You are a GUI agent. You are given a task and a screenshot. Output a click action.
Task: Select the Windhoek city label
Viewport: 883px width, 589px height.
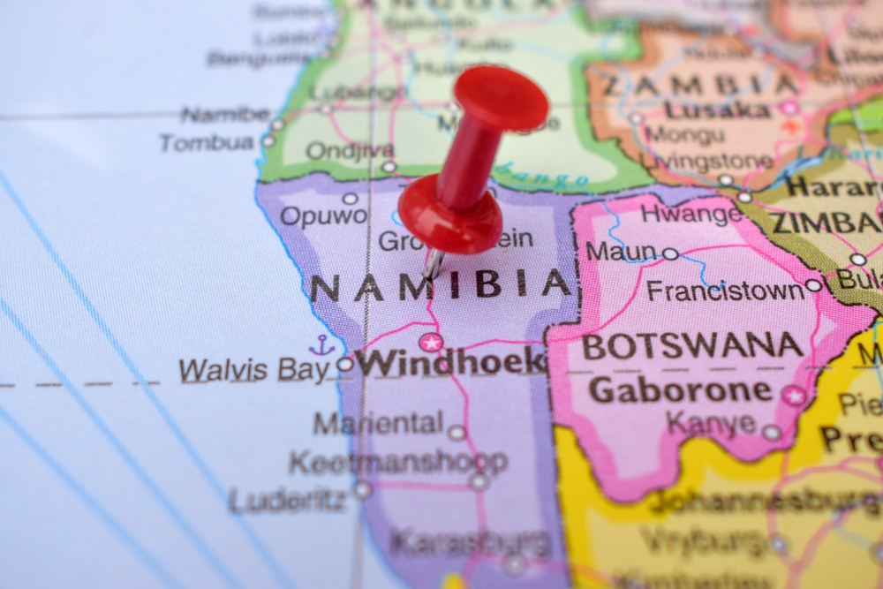[452, 361]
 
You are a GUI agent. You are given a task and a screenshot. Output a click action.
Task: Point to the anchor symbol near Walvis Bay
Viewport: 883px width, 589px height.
[321, 345]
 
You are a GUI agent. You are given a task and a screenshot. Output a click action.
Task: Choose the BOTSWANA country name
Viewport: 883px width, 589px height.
[693, 345]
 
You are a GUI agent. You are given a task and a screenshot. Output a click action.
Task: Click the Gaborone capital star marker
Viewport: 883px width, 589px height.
[793, 395]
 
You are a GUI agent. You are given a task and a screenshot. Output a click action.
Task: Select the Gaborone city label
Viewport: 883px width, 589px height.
[680, 389]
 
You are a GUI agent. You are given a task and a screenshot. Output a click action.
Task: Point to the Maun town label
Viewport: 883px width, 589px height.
[623, 252]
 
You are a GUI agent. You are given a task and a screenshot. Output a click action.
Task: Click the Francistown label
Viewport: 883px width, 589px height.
[724, 290]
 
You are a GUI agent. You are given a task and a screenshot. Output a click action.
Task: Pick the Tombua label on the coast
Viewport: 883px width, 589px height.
[208, 142]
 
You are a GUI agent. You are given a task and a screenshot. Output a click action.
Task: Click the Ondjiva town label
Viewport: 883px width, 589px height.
[339, 151]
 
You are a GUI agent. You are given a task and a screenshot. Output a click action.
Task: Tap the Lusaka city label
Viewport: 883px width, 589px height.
[717, 110]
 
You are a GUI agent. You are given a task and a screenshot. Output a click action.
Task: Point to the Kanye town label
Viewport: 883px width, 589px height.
[712, 423]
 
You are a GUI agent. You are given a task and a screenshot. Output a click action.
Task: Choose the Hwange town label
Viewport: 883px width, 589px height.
[692, 213]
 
